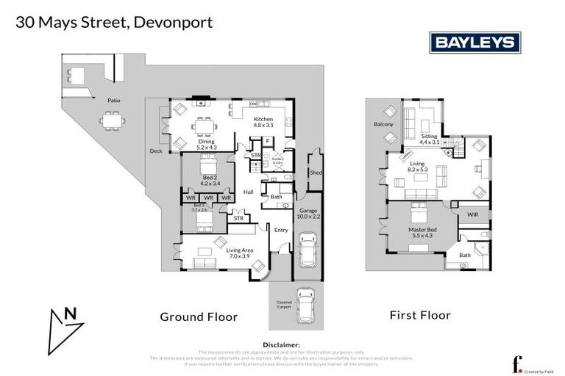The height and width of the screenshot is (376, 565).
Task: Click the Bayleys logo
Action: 475,43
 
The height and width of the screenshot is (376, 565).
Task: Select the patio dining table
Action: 113,118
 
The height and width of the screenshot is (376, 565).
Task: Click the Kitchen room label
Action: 263,119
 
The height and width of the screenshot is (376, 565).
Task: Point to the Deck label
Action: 156,151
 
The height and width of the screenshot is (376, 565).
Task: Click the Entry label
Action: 281,230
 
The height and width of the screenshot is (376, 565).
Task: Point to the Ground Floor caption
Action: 199,317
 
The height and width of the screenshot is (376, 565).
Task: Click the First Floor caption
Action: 419,315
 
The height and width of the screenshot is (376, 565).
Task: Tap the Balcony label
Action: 383,125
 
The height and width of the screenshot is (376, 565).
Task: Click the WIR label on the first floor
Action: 474,214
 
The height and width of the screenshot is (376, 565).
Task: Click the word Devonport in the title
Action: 174,22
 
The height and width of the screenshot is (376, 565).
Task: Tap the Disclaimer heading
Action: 282,344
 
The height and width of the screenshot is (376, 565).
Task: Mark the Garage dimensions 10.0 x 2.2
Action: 308,217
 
